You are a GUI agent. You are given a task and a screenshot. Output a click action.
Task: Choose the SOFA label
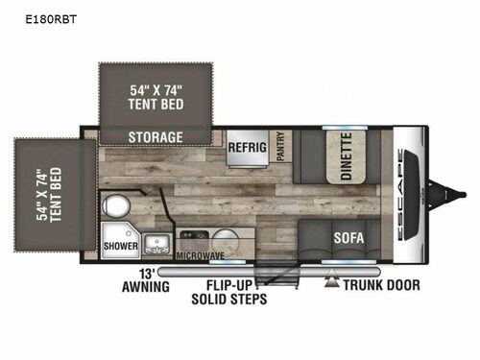click(x=348, y=236)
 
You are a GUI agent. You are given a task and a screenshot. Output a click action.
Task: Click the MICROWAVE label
click(x=199, y=256)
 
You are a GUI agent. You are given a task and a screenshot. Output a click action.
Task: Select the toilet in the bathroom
click(x=117, y=207)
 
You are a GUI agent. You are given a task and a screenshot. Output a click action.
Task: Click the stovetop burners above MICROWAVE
click(x=192, y=235)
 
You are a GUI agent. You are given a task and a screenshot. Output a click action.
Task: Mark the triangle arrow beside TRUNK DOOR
click(x=333, y=282)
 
